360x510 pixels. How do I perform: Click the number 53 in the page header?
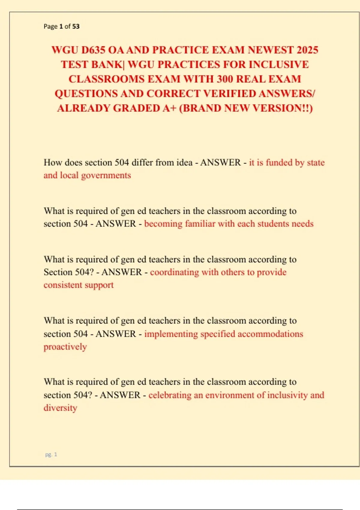tap(76, 26)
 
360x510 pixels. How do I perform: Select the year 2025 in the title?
tap(307, 50)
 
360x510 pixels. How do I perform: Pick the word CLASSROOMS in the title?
tap(106, 79)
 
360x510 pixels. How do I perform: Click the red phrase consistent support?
tap(79, 285)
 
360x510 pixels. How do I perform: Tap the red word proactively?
tap(65, 347)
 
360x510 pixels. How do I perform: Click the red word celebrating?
tap(170, 395)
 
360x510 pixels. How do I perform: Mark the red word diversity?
tap(60, 408)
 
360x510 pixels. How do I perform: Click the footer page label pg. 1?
tap(51, 455)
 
